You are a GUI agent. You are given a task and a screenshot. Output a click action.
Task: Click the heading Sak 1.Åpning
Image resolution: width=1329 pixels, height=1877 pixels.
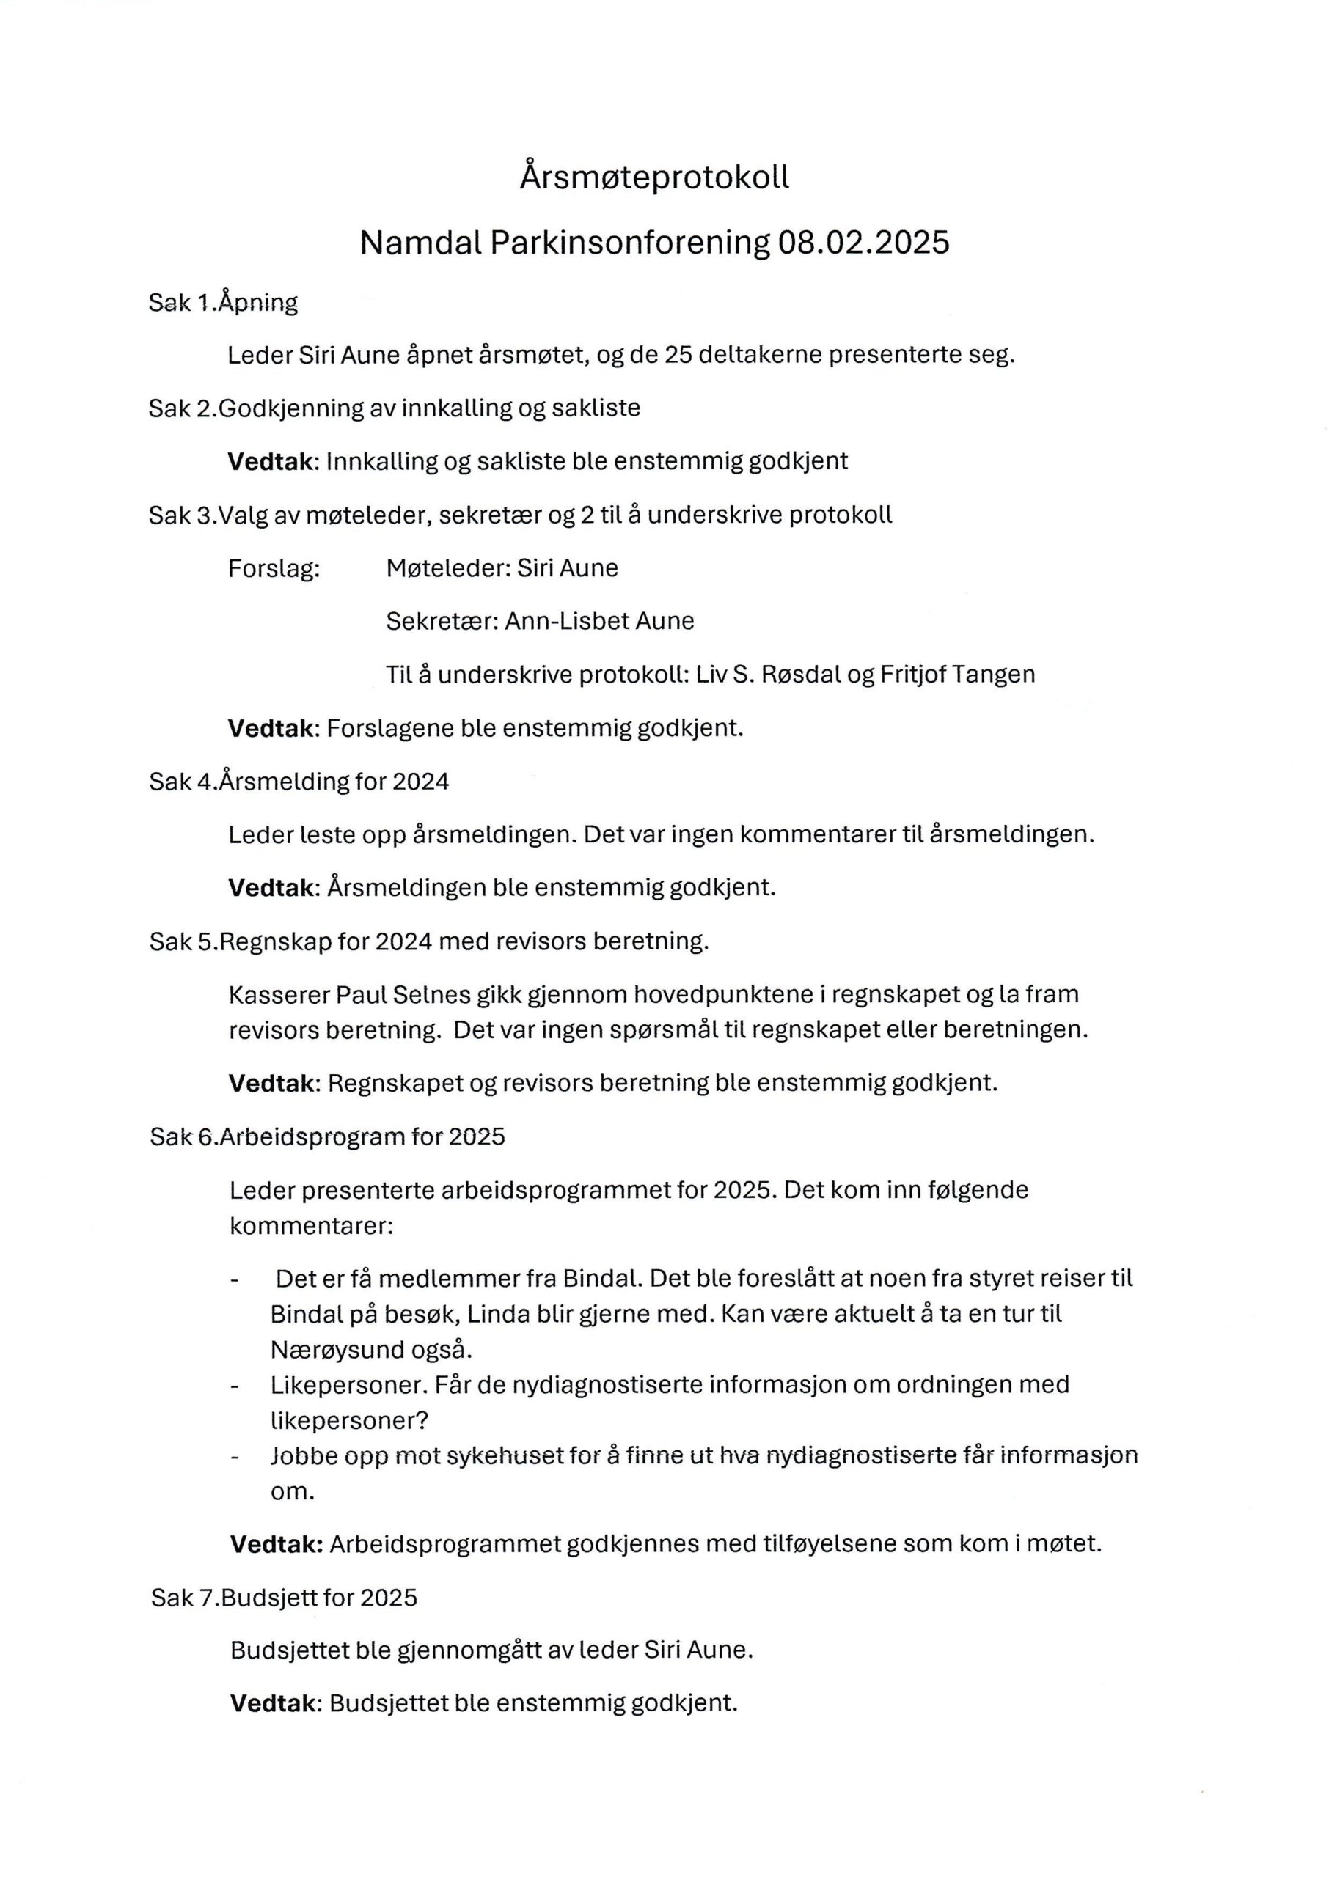[x=222, y=304]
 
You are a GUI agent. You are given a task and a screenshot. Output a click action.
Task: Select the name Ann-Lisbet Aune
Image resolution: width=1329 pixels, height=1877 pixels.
[x=599, y=622]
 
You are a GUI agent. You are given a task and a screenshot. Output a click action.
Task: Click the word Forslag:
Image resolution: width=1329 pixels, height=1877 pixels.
[x=274, y=568]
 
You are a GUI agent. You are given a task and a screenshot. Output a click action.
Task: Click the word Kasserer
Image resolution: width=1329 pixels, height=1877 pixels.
[x=278, y=994]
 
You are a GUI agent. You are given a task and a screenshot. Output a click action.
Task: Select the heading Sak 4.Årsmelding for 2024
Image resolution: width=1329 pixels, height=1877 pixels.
[x=299, y=782]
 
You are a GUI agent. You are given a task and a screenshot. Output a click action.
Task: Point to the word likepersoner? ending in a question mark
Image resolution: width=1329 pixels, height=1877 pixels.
[x=349, y=1421]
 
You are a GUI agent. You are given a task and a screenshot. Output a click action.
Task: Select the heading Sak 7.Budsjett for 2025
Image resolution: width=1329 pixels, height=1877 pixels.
[x=284, y=1598]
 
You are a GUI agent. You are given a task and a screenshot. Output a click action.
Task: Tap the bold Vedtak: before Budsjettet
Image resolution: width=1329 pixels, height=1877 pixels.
[x=275, y=1704]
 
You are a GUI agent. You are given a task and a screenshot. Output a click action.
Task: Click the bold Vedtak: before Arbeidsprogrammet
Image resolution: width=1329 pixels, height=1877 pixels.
[x=276, y=1544]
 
